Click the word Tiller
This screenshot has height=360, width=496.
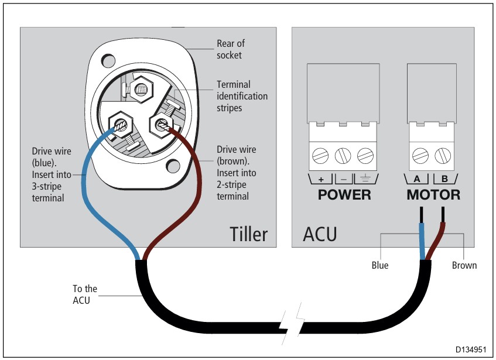(x=249, y=234)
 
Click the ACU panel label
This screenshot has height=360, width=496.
(x=320, y=234)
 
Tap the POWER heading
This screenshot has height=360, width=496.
(x=344, y=195)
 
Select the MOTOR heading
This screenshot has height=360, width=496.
(x=433, y=195)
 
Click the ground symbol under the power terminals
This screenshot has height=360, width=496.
(x=365, y=178)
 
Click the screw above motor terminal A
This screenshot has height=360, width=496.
(x=421, y=155)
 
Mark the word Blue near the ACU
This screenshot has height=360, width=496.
(x=380, y=265)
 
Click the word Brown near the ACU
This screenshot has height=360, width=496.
(x=464, y=265)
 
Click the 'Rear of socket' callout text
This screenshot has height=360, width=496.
(x=231, y=49)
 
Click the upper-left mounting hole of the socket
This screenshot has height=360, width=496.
(x=107, y=59)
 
